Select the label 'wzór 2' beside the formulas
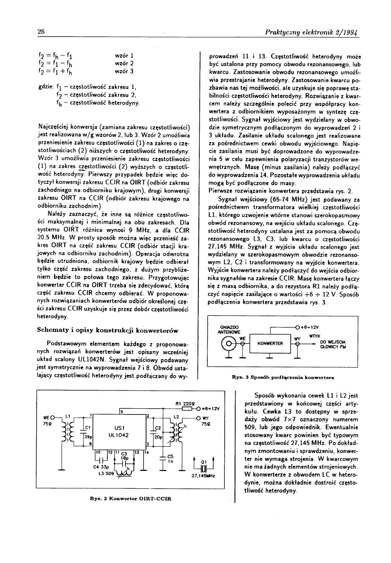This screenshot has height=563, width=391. point(125,63)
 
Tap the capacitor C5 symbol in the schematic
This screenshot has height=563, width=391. point(164,456)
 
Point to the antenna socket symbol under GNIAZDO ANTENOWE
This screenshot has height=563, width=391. point(229,344)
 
